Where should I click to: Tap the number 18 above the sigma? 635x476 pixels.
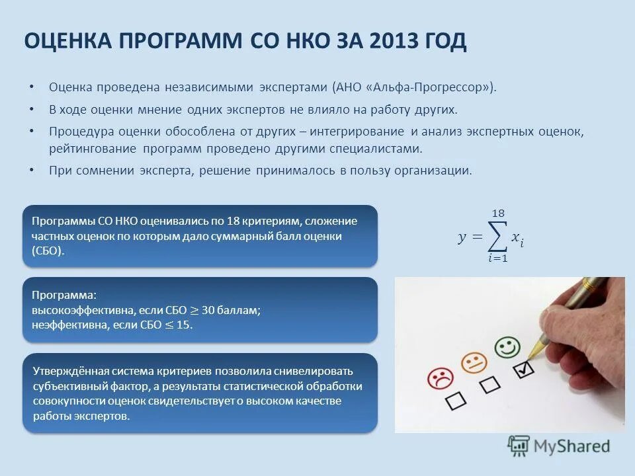tap(497, 213)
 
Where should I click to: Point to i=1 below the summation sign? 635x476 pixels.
tap(497, 258)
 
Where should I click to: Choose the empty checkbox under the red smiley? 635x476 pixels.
tap(456, 401)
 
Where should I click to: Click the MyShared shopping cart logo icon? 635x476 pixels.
tap(519, 446)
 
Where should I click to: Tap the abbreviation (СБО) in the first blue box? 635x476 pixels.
tap(48, 251)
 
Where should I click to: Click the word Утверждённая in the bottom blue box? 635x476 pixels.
tap(65, 371)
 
